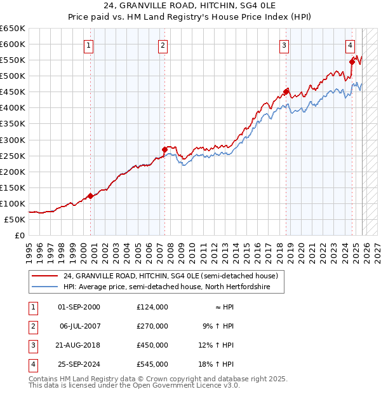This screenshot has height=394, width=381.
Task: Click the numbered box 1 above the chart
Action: (x=88, y=45)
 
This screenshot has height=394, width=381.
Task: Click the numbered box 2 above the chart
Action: (x=163, y=45)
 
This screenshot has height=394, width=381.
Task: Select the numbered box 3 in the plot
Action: (x=284, y=45)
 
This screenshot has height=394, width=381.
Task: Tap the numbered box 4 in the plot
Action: (x=350, y=45)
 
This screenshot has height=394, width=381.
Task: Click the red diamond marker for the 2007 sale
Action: (x=164, y=150)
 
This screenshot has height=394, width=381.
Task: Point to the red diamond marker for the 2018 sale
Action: (x=286, y=92)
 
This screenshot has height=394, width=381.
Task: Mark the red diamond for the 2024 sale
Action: (x=352, y=62)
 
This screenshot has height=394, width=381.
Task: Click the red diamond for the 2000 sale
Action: (x=90, y=196)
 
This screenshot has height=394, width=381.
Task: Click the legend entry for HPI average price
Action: (x=166, y=287)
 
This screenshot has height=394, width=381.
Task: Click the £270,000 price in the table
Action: (x=152, y=326)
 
